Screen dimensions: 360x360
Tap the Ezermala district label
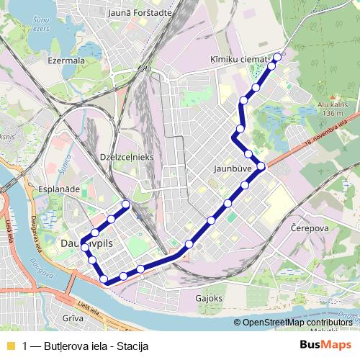(66, 61)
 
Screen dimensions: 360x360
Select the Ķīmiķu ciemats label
(240, 58)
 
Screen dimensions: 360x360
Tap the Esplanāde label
(50, 189)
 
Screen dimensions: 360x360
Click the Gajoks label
(209, 297)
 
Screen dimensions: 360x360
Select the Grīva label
(73, 317)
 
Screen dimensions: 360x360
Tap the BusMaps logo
(325, 345)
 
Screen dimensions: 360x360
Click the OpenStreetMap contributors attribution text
(297, 323)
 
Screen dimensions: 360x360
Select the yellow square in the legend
(9, 346)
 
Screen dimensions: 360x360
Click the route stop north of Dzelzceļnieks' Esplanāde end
(126, 204)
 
